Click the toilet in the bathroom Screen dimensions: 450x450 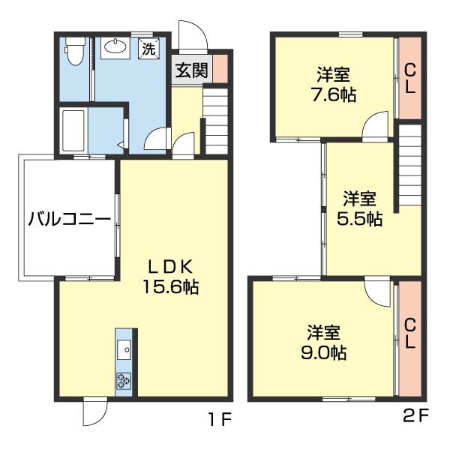pyautogui.click(x=75, y=51)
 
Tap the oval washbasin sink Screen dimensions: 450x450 pyautogui.click(x=115, y=46)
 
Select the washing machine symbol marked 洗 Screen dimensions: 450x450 pyautogui.click(x=148, y=49)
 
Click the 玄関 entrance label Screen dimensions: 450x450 pyautogui.click(x=191, y=70)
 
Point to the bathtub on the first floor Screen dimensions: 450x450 pyautogui.click(x=73, y=130)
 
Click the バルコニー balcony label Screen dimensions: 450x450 pyautogui.click(x=70, y=220)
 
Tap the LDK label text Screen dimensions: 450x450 pyautogui.click(x=170, y=268)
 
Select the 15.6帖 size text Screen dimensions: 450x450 pyautogui.click(x=171, y=286)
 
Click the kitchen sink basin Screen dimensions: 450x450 pyautogui.click(x=124, y=349)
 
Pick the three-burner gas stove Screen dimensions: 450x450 pyautogui.click(x=124, y=381)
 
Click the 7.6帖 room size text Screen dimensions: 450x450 pyautogui.click(x=334, y=94)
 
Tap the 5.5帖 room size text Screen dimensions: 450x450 pyautogui.click(x=359, y=218)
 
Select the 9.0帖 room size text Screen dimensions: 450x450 pyautogui.click(x=323, y=352)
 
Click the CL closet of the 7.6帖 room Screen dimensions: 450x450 pyautogui.click(x=410, y=78)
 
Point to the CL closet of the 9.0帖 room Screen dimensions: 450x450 pyautogui.click(x=410, y=338)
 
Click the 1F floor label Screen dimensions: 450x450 pyautogui.click(x=220, y=421)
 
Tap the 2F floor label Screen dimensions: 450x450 pyautogui.click(x=415, y=415)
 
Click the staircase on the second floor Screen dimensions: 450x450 pyautogui.click(x=410, y=165)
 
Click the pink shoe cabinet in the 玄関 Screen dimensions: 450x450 pyautogui.click(x=220, y=68)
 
